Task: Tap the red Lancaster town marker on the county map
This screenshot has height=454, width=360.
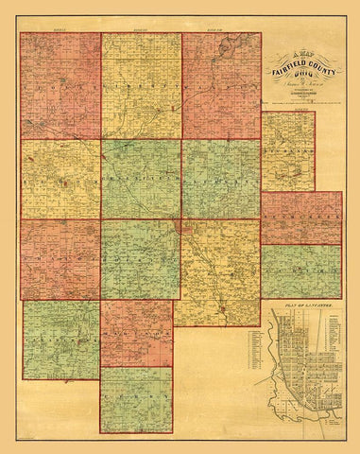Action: point(181,227)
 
